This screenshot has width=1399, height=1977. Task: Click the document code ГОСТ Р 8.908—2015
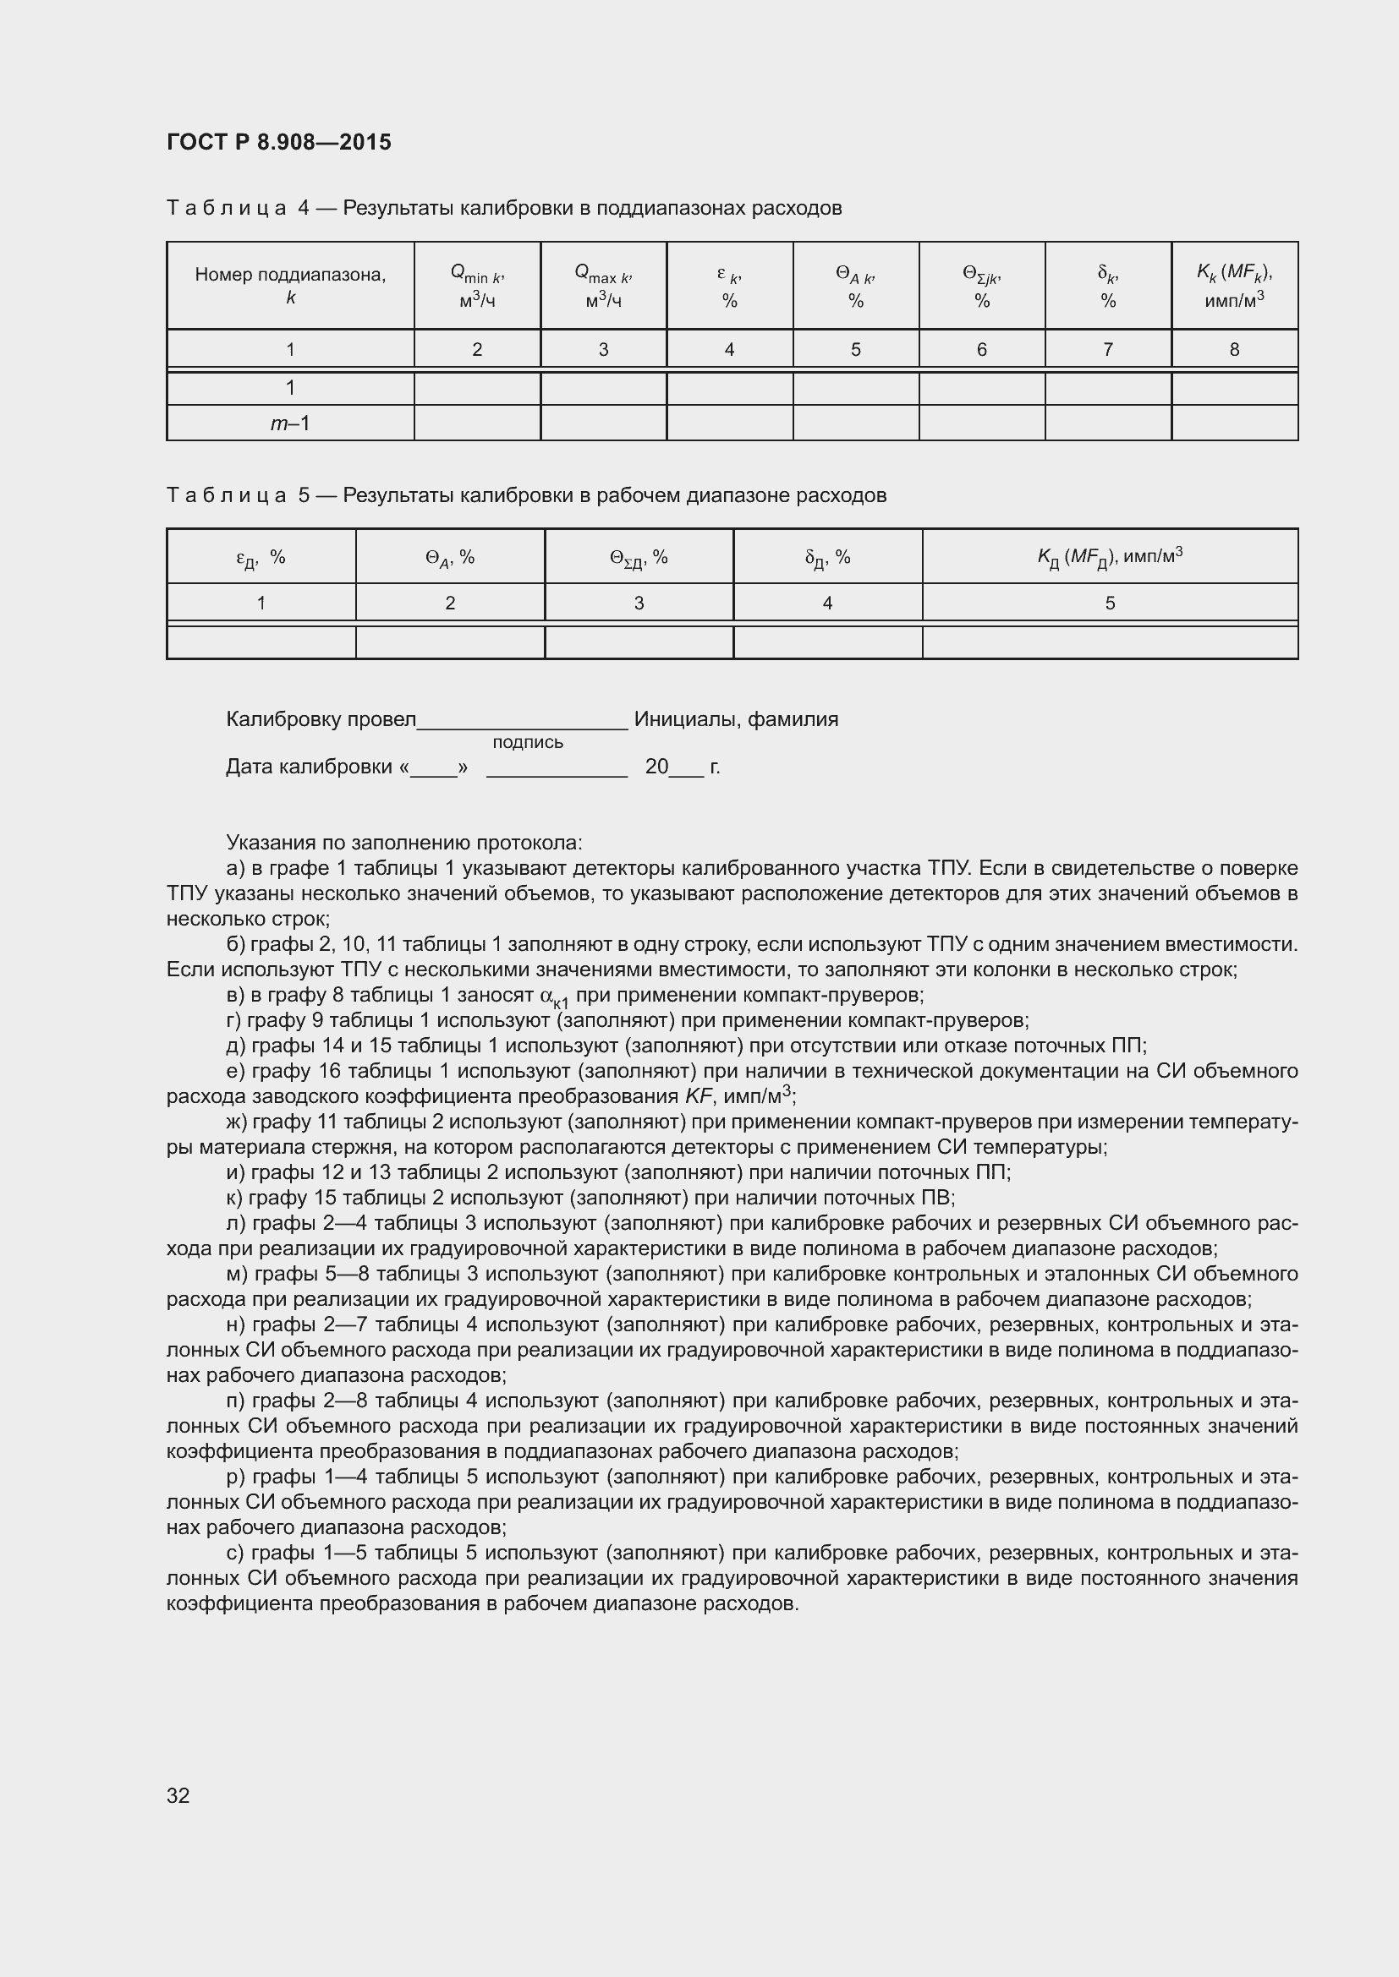click(x=278, y=142)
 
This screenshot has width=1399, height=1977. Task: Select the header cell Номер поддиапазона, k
click(x=290, y=285)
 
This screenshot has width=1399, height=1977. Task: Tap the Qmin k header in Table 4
click(x=476, y=286)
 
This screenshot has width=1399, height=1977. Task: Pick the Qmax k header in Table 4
click(x=603, y=286)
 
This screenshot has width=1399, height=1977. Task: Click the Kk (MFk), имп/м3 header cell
click(x=1233, y=285)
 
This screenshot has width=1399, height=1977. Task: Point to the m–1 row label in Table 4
click(x=290, y=423)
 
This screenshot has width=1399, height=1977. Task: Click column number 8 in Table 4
click(x=1233, y=350)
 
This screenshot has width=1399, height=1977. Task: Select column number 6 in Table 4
click(x=981, y=350)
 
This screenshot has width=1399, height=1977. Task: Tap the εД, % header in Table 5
click(x=261, y=558)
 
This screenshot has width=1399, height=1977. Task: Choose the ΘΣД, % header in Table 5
click(x=639, y=558)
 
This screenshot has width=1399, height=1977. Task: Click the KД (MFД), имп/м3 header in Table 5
click(x=1110, y=557)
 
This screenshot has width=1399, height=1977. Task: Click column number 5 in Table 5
click(x=1110, y=603)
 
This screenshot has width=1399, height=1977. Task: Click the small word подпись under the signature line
click(x=527, y=742)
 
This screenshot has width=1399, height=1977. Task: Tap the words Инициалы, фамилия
click(x=736, y=719)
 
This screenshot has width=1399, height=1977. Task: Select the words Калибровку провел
click(x=321, y=719)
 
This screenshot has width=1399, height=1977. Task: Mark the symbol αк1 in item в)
click(x=554, y=997)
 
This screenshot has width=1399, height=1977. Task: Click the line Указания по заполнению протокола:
click(x=404, y=842)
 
